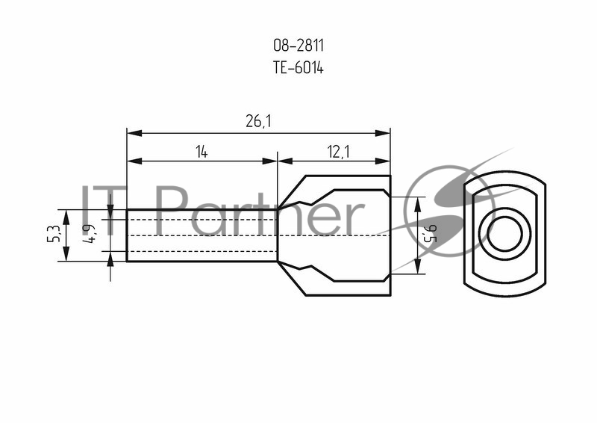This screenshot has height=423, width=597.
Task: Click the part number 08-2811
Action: click(298, 46)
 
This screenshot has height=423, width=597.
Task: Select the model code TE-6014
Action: click(298, 68)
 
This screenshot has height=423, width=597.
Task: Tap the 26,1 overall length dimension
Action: click(258, 121)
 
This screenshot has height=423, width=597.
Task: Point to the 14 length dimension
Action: click(201, 152)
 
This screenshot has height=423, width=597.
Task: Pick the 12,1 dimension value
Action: click(338, 152)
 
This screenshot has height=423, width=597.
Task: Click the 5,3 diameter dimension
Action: click(54, 233)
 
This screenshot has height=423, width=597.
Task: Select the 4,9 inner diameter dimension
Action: click(89, 233)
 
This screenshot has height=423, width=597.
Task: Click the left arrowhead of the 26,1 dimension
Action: click(134, 133)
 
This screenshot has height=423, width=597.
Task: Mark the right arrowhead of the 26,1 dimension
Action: click(383, 133)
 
